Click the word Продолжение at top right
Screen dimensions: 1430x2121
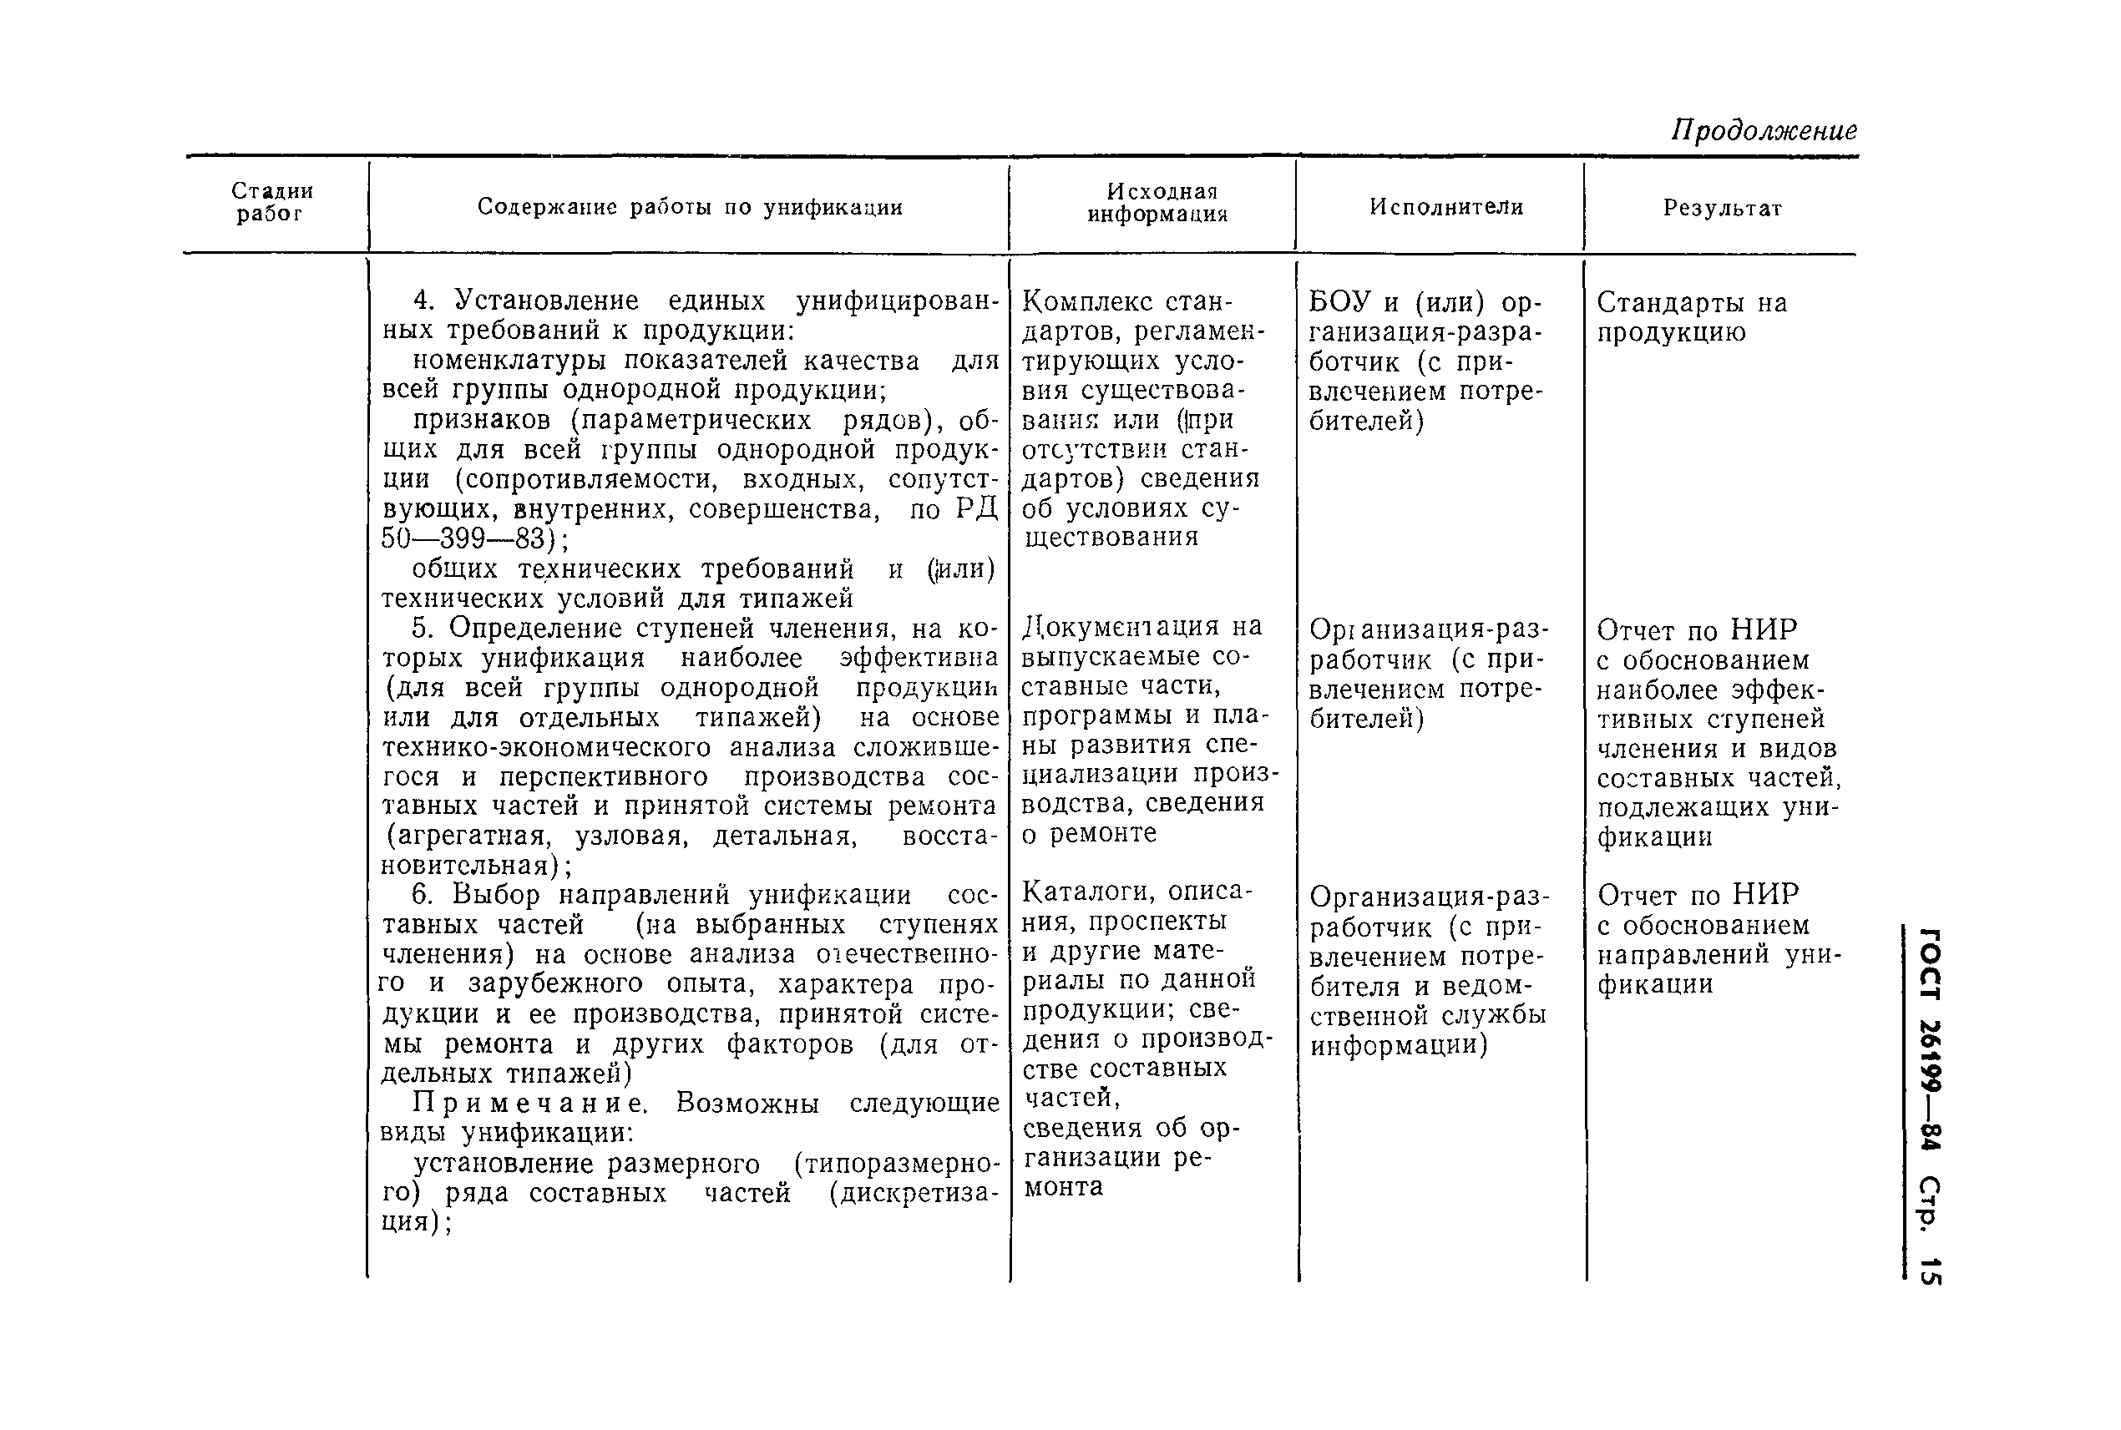(x=1764, y=131)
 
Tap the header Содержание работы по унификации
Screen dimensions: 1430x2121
(x=690, y=208)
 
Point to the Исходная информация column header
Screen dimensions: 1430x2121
(x=1157, y=204)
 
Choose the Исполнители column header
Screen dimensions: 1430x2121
(x=1446, y=208)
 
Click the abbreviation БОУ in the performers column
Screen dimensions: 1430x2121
(x=1340, y=302)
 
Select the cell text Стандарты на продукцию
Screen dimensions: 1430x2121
(x=1690, y=316)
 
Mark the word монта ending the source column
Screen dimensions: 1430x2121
(x=1063, y=1187)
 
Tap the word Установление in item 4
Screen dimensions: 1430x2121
(x=545, y=301)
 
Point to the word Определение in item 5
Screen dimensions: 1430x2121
(x=532, y=629)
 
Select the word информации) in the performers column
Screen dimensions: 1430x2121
(x=1399, y=1045)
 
